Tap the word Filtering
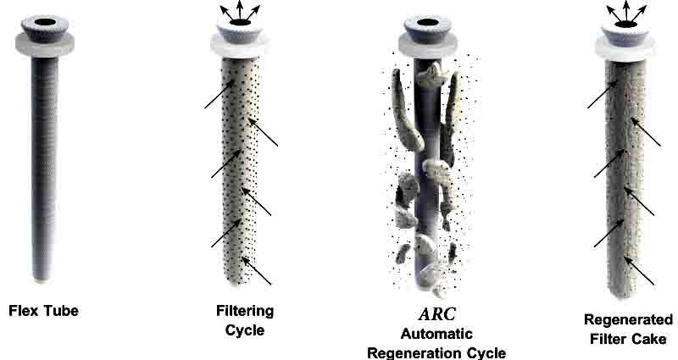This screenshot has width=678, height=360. coord(240,311)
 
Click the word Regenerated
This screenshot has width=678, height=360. coord(629,320)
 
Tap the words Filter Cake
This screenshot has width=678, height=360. coord(629,339)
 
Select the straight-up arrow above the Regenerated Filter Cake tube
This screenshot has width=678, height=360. coord(625,9)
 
